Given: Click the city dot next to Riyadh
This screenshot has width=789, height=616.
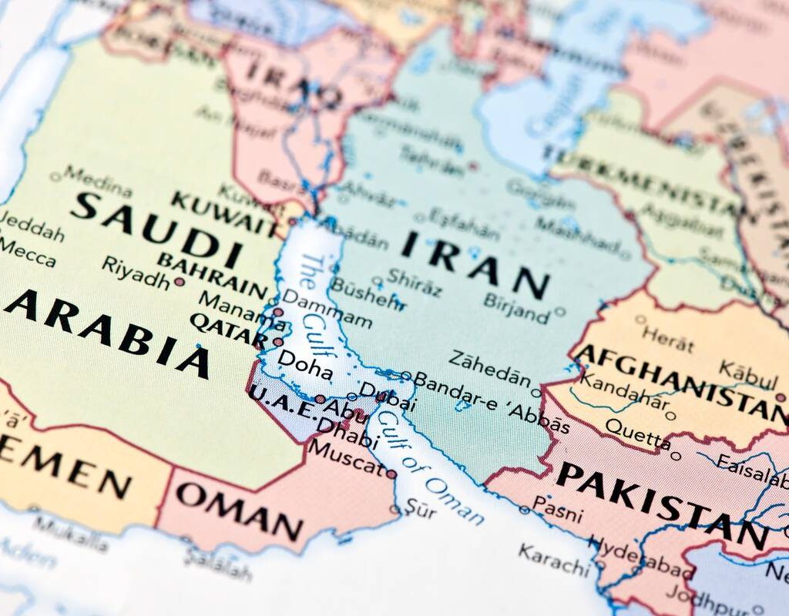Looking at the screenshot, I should click(x=180, y=282).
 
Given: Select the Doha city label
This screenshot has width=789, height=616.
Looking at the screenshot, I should click(x=304, y=364).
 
